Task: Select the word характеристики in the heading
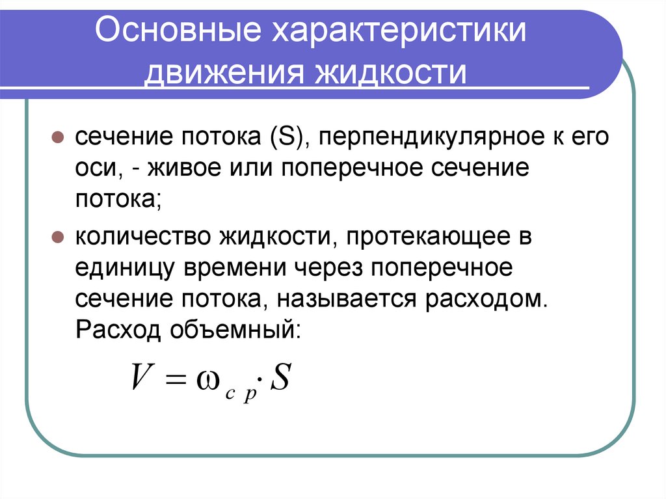(397, 32)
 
